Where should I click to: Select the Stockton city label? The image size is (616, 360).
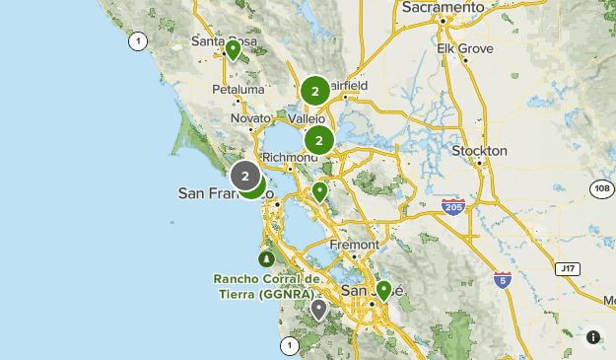[479, 151]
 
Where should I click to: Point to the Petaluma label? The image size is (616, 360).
[239, 89]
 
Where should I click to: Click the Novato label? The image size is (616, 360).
[248, 118]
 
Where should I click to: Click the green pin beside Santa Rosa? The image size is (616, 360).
[234, 49]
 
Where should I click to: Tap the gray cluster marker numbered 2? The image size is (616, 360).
[245, 177]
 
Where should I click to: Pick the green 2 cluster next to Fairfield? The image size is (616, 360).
[315, 92]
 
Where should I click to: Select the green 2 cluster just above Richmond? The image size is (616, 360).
[318, 141]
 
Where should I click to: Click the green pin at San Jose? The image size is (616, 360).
[383, 290]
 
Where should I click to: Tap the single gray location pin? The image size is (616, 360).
[318, 310]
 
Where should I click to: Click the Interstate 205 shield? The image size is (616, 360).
[453, 206]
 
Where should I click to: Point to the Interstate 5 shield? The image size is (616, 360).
[503, 280]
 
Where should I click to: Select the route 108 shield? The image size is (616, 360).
[602, 188]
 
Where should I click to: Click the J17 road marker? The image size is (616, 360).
[566, 267]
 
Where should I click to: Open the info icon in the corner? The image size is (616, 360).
[593, 337]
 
